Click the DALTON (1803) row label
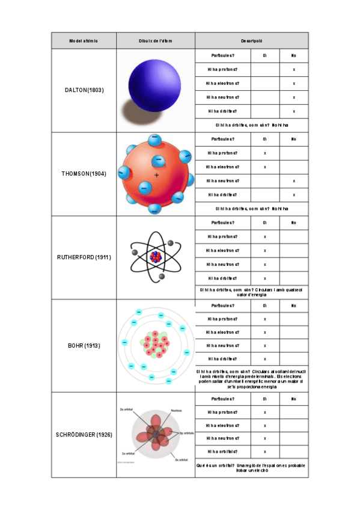pos(84,90)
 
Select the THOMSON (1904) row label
pos(84,174)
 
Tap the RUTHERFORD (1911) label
pos(84,257)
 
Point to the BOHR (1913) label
pos(84,346)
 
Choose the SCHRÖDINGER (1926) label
pos(84,434)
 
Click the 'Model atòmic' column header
pos(84,41)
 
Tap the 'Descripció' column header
pos(251,41)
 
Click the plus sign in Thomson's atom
pos(157,175)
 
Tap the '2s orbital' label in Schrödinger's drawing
pos(126,410)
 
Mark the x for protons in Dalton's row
pos(293,70)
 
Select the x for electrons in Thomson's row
pos(265,167)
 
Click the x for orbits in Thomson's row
pos(293,195)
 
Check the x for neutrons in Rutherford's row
pos(265,264)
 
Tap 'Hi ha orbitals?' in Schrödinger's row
pos(223,451)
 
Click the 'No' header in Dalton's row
pos(293,55)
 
